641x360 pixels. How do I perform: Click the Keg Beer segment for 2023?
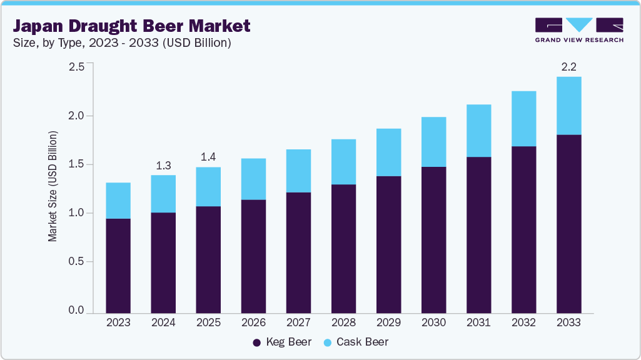pyautogui.click(x=118, y=266)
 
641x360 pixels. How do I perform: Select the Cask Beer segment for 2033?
pyautogui.click(x=568, y=106)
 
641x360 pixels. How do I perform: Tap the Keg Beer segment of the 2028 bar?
pyautogui.click(x=343, y=249)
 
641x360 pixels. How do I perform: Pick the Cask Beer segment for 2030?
pyautogui.click(x=433, y=142)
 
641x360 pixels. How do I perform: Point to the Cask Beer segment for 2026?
pyautogui.click(x=253, y=179)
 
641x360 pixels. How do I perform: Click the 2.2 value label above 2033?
pyautogui.click(x=568, y=67)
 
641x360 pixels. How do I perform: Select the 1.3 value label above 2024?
pyautogui.click(x=163, y=165)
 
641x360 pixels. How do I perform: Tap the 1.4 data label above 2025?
pyautogui.click(x=208, y=157)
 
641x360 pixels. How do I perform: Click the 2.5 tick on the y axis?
pyautogui.click(x=76, y=67)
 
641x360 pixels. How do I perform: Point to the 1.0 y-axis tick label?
pyautogui.click(x=76, y=213)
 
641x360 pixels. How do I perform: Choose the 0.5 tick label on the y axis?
pyautogui.click(x=76, y=262)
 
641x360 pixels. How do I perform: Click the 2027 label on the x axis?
pyautogui.click(x=298, y=323)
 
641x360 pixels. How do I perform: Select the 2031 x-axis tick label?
pyautogui.click(x=478, y=323)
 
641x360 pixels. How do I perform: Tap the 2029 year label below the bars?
pyautogui.click(x=388, y=323)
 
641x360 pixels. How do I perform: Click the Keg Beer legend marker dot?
pyautogui.click(x=256, y=342)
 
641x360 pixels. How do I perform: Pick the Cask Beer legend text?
pyautogui.click(x=362, y=342)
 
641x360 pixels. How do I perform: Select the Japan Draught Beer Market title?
pyautogui.click(x=132, y=26)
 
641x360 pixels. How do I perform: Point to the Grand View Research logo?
pyautogui.click(x=579, y=30)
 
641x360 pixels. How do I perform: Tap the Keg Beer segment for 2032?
pyautogui.click(x=523, y=229)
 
